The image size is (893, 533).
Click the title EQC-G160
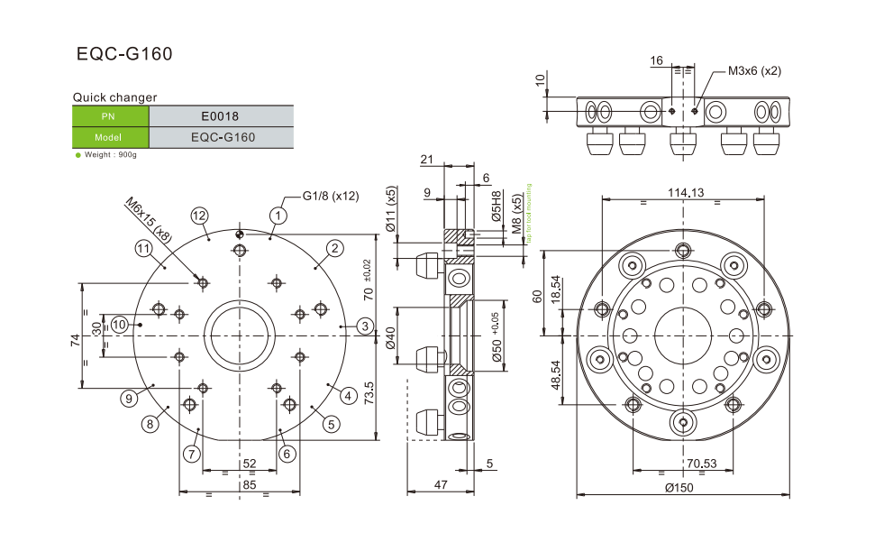click(x=124, y=54)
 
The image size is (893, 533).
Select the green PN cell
click(x=110, y=115)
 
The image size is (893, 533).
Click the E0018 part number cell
click(x=221, y=115)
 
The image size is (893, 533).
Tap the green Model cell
click(x=110, y=138)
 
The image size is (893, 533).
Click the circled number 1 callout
click(x=278, y=215)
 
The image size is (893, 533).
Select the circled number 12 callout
click(x=199, y=215)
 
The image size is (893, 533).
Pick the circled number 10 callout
click(x=120, y=324)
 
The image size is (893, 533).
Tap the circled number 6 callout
click(x=287, y=454)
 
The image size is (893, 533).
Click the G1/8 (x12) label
click(x=331, y=196)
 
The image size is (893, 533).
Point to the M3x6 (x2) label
click(x=754, y=71)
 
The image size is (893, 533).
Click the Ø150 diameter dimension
click(x=681, y=487)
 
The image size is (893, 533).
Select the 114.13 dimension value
click(x=686, y=192)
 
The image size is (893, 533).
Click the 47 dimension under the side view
click(x=442, y=485)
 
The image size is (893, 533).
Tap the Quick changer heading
click(x=114, y=97)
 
